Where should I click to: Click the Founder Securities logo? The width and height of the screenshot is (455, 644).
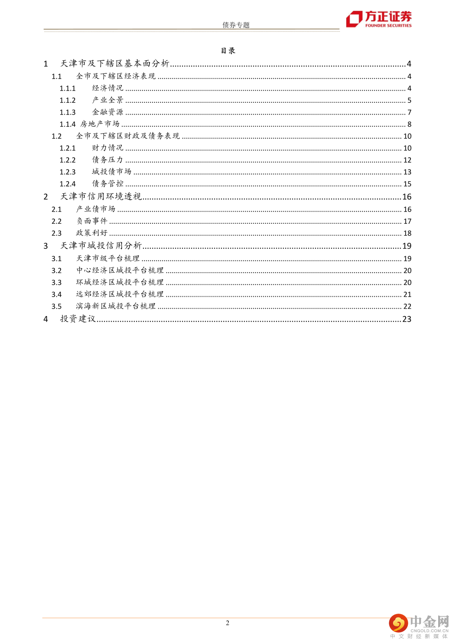pyautogui.click(x=378, y=19)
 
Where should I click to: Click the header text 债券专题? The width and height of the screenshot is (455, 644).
pyautogui.click(x=236, y=25)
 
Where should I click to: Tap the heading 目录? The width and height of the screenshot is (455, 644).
pyautogui.click(x=228, y=51)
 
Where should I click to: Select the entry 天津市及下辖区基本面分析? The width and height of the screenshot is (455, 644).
pyautogui.click(x=115, y=64)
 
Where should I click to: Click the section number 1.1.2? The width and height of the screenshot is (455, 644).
pyautogui.click(x=67, y=100)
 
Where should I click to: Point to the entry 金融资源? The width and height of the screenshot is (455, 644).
pyautogui.click(x=108, y=112)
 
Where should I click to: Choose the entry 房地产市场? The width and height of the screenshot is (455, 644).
pyautogui.click(x=100, y=124)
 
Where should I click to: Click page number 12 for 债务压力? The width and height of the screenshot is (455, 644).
pyautogui.click(x=407, y=160)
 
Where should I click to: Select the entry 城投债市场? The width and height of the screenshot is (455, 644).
pyautogui.click(x=112, y=172)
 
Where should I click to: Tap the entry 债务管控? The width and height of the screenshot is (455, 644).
pyautogui.click(x=108, y=184)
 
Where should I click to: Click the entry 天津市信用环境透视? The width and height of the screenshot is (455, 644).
pyautogui.click(x=101, y=197)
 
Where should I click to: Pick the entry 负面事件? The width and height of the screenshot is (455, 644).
pyautogui.click(x=92, y=221)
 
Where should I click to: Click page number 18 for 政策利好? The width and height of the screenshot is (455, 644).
pyautogui.click(x=407, y=233)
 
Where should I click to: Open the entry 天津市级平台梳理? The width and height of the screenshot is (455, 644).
pyautogui.click(x=108, y=258)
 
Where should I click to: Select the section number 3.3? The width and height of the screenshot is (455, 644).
pyautogui.click(x=56, y=282)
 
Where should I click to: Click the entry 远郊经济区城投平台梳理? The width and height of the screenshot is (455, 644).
pyautogui.click(x=120, y=294)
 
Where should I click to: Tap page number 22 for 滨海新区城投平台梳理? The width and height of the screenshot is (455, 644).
pyautogui.click(x=407, y=306)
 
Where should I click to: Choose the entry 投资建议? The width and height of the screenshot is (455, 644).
pyautogui.click(x=78, y=319)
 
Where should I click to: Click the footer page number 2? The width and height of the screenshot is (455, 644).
pyautogui.click(x=227, y=623)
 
